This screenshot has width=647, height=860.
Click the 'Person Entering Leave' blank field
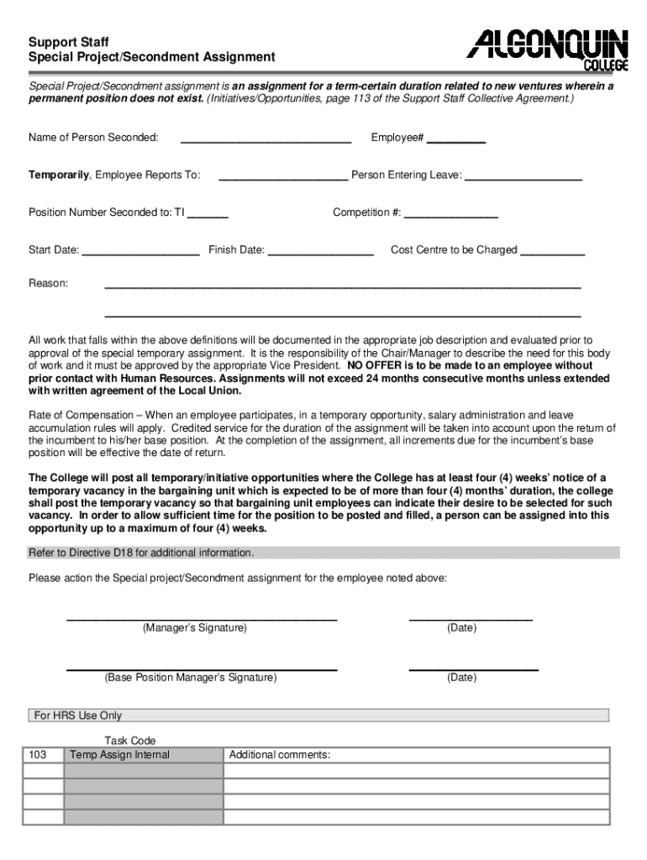coord(523,176)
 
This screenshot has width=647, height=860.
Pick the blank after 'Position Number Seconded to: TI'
coord(208,214)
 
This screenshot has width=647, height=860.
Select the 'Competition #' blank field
coord(451,214)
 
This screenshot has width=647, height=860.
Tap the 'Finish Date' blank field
coord(320,251)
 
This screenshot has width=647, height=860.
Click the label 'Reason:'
coord(49,284)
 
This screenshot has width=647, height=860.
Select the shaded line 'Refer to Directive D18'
coord(141,553)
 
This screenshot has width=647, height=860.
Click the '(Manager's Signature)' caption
coord(195,628)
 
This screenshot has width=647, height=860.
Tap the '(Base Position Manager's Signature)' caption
coord(190,678)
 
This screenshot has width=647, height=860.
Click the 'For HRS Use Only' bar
coord(77,716)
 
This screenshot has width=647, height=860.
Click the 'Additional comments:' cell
coord(280,755)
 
